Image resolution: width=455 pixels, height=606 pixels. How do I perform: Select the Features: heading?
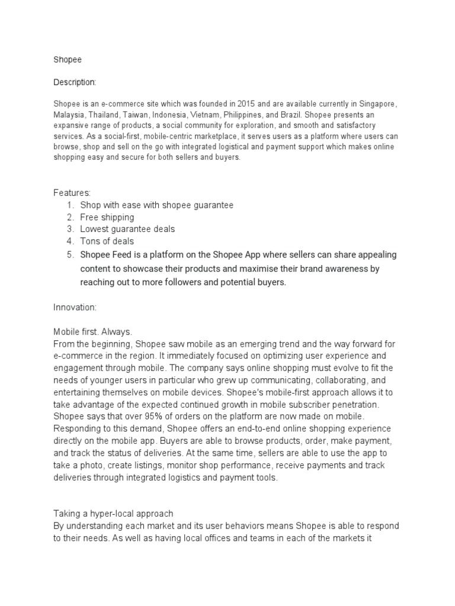(72, 193)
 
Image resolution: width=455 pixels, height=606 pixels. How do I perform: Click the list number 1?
(69, 205)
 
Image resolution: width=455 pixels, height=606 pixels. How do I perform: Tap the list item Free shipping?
(107, 217)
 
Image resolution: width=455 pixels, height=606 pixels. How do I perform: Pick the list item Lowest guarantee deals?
(127, 229)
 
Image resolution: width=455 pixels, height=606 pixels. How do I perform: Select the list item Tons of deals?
(107, 241)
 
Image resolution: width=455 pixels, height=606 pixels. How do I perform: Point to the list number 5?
(69, 254)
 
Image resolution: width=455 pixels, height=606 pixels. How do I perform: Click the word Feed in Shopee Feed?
(124, 254)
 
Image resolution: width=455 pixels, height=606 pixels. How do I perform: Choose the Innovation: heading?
(75, 308)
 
